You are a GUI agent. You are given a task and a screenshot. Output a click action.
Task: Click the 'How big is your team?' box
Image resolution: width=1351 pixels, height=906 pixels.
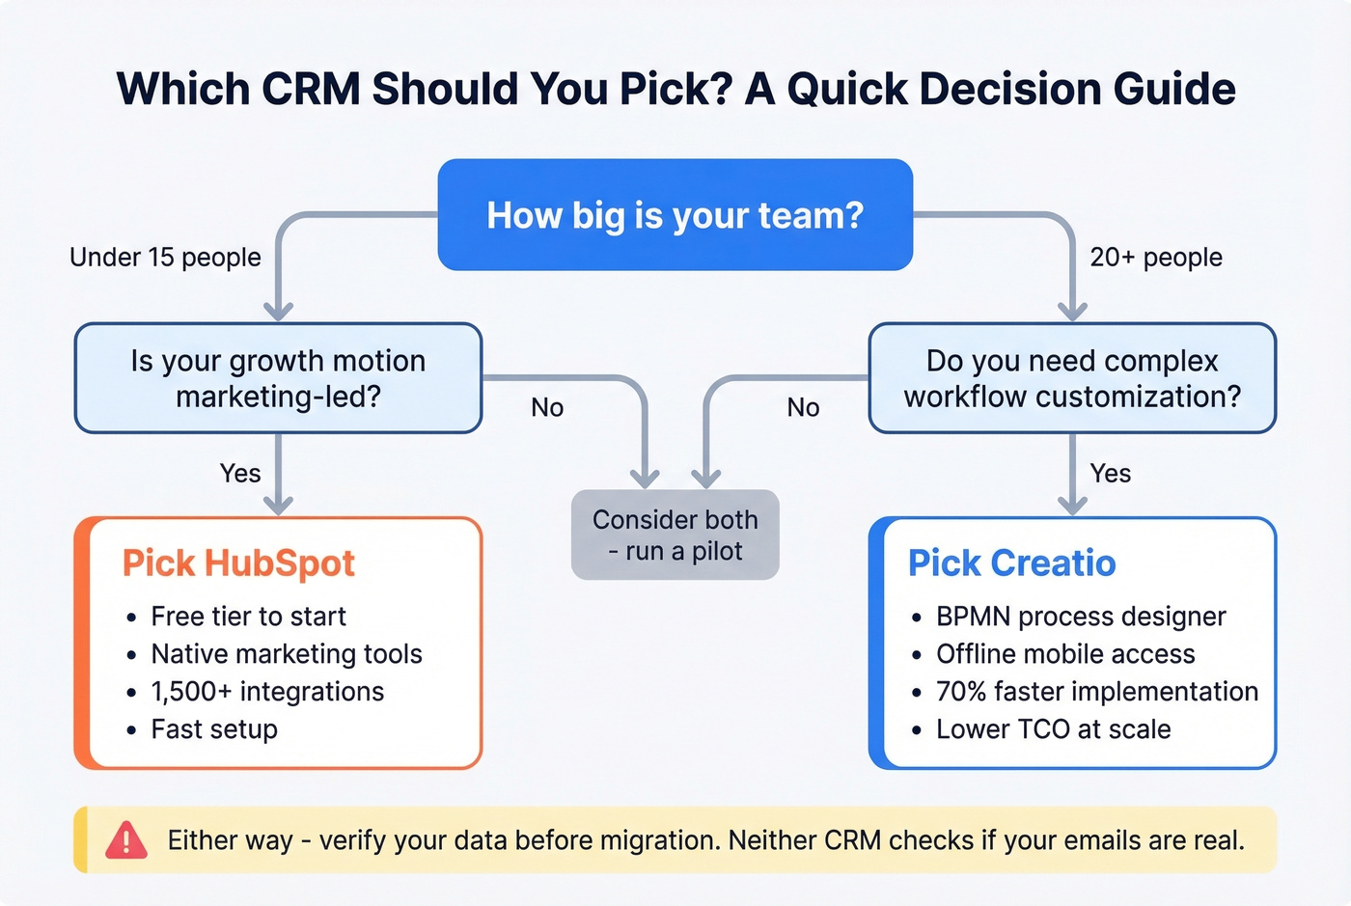pyautogui.click(x=675, y=215)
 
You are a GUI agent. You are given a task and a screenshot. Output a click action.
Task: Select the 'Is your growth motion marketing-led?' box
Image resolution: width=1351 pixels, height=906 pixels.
pyautogui.click(x=278, y=378)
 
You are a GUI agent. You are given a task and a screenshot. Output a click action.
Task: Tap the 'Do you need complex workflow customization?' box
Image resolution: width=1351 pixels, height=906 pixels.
pyautogui.click(x=1072, y=378)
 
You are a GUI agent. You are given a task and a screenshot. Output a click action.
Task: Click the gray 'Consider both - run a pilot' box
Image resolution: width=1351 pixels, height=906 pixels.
pyautogui.click(x=675, y=535)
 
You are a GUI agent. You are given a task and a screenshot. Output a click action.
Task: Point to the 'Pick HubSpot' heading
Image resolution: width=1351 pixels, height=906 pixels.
pyautogui.click(x=238, y=563)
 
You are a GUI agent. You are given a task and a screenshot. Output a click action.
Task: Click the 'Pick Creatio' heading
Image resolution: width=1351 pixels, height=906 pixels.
pyautogui.click(x=1011, y=563)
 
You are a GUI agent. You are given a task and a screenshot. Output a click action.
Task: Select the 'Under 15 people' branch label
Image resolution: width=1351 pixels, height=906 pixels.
pyautogui.click(x=165, y=258)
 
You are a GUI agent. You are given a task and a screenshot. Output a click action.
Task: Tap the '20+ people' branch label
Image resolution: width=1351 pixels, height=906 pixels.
pyautogui.click(x=1156, y=258)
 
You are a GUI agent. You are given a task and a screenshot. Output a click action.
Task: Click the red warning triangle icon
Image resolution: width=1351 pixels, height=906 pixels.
pyautogui.click(x=126, y=840)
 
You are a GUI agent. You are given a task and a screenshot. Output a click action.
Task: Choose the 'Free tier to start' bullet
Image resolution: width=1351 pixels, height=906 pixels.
pyautogui.click(x=248, y=617)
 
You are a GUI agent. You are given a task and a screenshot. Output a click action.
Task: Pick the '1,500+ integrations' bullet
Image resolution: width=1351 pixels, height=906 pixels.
pyautogui.click(x=267, y=692)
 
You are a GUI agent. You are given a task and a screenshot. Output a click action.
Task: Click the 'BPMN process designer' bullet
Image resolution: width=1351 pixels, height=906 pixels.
pyautogui.click(x=1081, y=617)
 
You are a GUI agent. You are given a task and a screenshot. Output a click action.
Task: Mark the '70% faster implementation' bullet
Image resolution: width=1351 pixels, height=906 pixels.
pyautogui.click(x=1097, y=692)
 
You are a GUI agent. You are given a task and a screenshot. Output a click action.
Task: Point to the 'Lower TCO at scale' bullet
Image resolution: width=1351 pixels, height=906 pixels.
pyautogui.click(x=1053, y=729)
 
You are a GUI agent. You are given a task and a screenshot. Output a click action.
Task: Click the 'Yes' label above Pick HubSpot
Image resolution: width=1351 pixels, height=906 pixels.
pyautogui.click(x=240, y=474)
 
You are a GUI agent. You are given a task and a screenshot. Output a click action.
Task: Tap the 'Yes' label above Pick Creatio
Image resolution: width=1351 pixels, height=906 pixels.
pyautogui.click(x=1111, y=474)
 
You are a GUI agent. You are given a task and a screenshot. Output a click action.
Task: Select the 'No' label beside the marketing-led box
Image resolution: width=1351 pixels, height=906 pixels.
pyautogui.click(x=547, y=408)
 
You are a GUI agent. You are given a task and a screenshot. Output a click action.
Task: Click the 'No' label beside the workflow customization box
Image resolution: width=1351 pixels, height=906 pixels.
pyautogui.click(x=803, y=408)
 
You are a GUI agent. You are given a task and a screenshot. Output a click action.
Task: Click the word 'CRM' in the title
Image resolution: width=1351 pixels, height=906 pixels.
pyautogui.click(x=311, y=90)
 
